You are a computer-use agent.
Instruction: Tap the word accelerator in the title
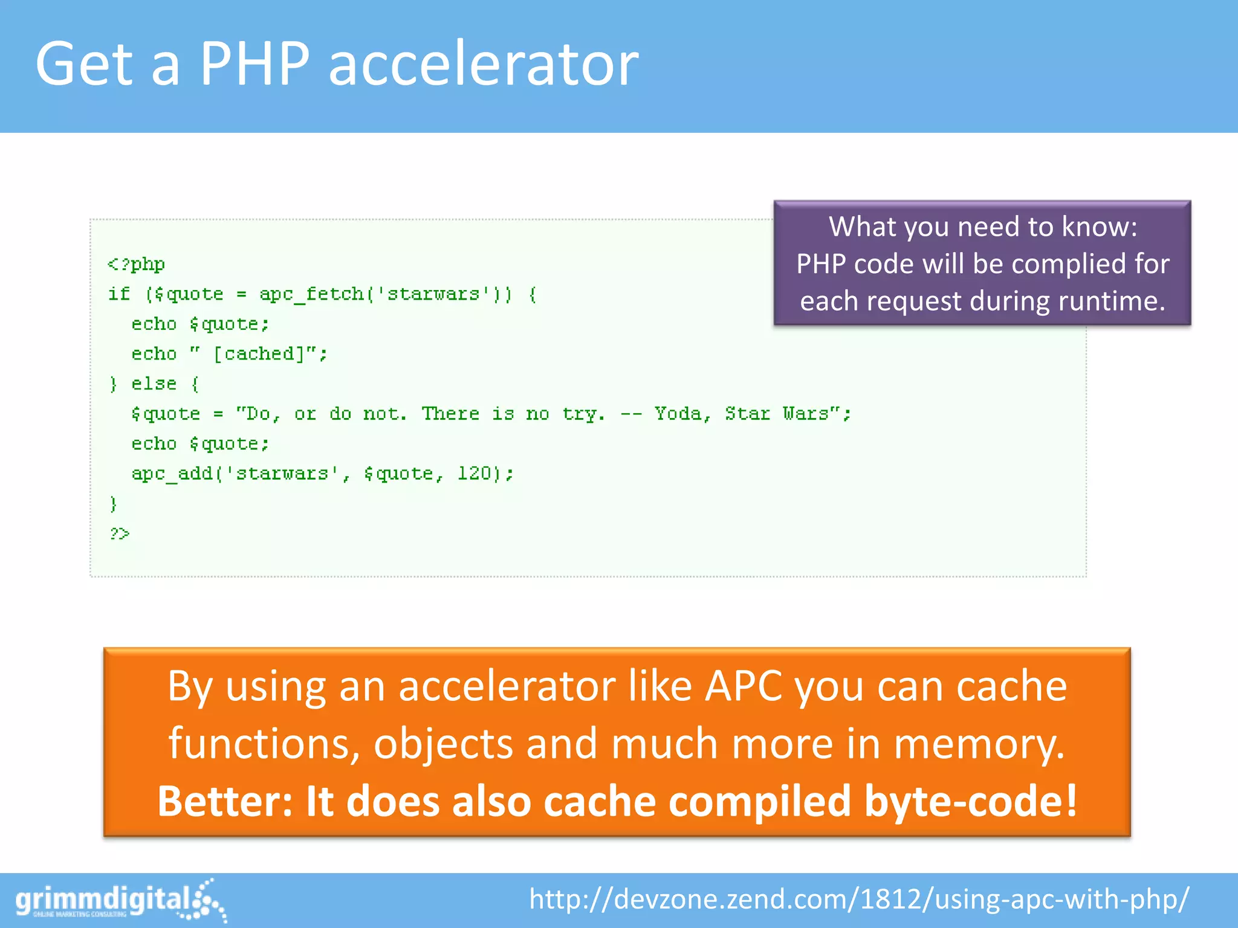(483, 64)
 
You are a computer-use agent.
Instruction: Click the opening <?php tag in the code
(136, 264)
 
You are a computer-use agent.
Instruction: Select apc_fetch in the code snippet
(311, 294)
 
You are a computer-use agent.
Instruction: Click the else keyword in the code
(154, 384)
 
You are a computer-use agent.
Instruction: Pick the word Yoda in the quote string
(678, 414)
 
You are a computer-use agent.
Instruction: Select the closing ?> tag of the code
(119, 533)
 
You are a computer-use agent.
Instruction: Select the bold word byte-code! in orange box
(970, 801)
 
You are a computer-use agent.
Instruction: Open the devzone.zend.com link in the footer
(859, 899)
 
